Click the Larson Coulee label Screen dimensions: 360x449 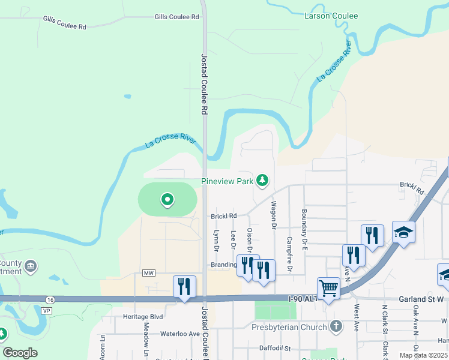click(331, 16)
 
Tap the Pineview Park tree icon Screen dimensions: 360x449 click(262, 180)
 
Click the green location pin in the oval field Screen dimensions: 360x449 click(167, 199)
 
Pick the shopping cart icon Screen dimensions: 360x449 click(328, 289)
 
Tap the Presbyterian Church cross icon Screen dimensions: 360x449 click(336, 327)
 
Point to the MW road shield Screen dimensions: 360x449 click(149, 273)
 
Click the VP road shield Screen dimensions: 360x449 click(44, 311)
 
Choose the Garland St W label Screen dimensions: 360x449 click(420, 299)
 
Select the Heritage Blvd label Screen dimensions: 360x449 click(143, 316)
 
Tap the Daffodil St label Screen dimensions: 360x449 click(274, 348)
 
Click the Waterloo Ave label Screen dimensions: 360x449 click(179, 333)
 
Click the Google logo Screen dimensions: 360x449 click(20, 353)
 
